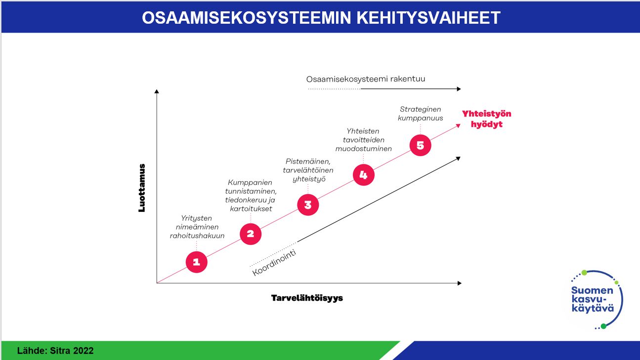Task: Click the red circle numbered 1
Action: pyautogui.click(x=197, y=262)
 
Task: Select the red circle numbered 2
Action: pyautogui.click(x=251, y=234)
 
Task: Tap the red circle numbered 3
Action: pyautogui.click(x=308, y=205)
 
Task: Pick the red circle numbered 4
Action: pyautogui.click(x=363, y=175)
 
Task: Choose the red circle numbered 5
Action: pyautogui.click(x=420, y=145)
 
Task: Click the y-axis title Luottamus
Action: pyautogui.click(x=142, y=188)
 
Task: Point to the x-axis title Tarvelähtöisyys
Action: pyautogui.click(x=307, y=298)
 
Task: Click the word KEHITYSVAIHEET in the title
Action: pyautogui.click(x=428, y=18)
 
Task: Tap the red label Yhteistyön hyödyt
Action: pyautogui.click(x=487, y=119)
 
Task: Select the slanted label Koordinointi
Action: pyautogui.click(x=274, y=262)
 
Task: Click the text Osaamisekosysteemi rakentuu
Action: pyautogui.click(x=366, y=79)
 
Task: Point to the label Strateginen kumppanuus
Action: pyautogui.click(x=420, y=114)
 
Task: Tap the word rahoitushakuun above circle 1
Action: pyautogui.click(x=197, y=236)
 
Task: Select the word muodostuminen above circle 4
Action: pyautogui.click(x=363, y=149)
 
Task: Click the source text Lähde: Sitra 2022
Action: pyautogui.click(x=55, y=351)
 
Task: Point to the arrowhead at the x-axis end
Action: pyautogui.click(x=460, y=283)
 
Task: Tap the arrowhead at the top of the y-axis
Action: pyautogui.click(x=157, y=91)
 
